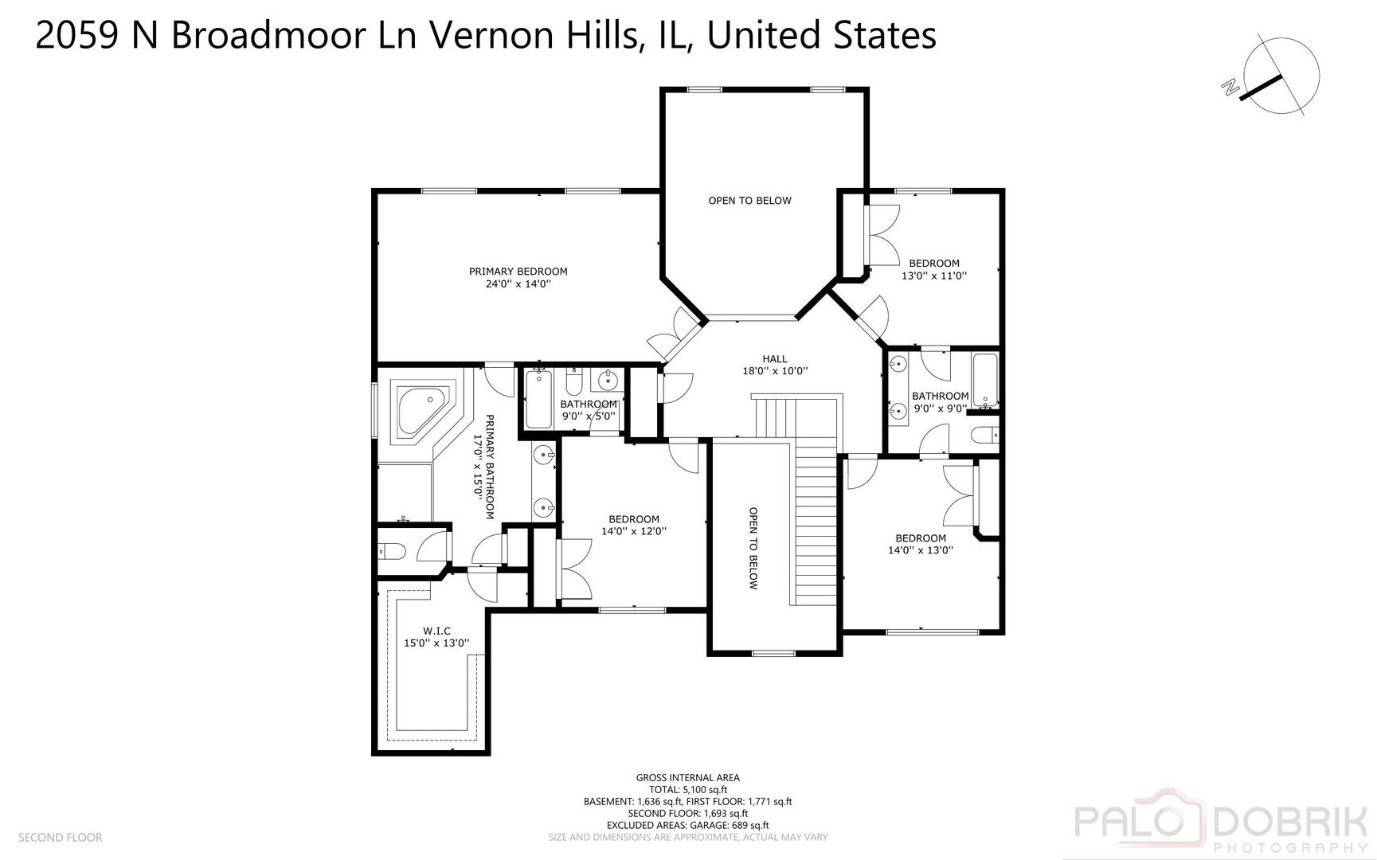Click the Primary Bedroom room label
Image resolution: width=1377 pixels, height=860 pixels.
pyautogui.click(x=518, y=272)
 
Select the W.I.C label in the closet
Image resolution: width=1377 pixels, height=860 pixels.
pyautogui.click(x=436, y=631)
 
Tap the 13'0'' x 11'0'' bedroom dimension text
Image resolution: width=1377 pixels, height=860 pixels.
pyautogui.click(x=933, y=276)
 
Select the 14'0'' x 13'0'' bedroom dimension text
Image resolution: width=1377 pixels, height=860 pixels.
pyautogui.click(x=920, y=549)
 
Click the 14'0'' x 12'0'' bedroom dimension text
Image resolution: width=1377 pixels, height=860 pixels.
pyautogui.click(x=633, y=531)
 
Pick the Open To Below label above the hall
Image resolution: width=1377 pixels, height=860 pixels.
pyautogui.click(x=749, y=201)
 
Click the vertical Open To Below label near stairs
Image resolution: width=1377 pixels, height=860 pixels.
pyautogui.click(x=753, y=548)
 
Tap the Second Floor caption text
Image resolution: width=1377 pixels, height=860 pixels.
pyautogui.click(x=60, y=837)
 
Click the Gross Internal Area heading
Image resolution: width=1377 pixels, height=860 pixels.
pyautogui.click(x=687, y=777)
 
